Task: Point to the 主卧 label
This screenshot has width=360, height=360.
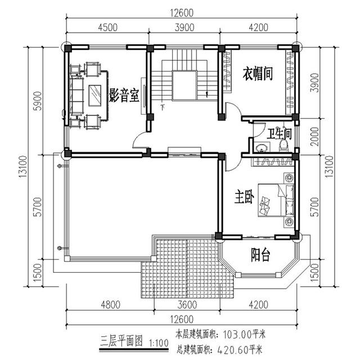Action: click(x=245, y=197)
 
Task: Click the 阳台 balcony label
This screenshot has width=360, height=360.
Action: click(x=259, y=256)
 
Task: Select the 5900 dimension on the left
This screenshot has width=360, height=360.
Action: click(x=38, y=102)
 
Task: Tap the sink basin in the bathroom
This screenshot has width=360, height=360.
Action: click(x=261, y=148)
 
